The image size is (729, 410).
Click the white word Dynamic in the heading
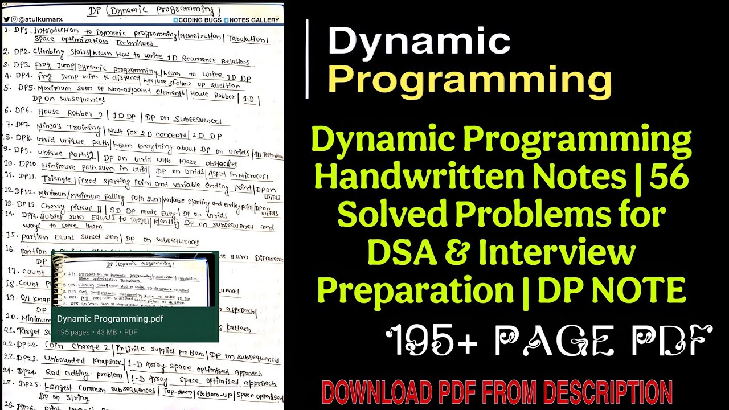point(419,43)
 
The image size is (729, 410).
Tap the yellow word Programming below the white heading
point(470,80)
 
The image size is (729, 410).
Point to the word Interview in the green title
point(557,253)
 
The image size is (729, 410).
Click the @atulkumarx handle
point(35,20)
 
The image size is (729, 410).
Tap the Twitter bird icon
point(7,20)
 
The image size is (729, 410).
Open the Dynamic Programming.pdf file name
point(110,319)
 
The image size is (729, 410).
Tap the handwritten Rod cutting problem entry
point(84,375)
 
